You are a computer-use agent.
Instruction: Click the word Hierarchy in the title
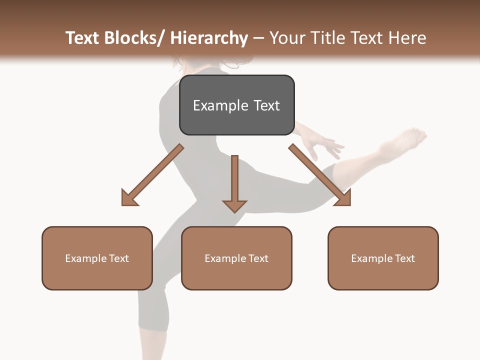(x=209, y=38)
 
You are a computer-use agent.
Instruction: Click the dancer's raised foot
(x=410, y=137)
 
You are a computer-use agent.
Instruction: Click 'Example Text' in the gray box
(x=236, y=105)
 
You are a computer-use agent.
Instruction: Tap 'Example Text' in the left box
(x=97, y=258)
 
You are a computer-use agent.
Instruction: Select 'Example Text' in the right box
(x=383, y=258)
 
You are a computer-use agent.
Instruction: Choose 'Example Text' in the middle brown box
(x=236, y=258)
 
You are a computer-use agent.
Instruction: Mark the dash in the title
(x=258, y=38)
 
